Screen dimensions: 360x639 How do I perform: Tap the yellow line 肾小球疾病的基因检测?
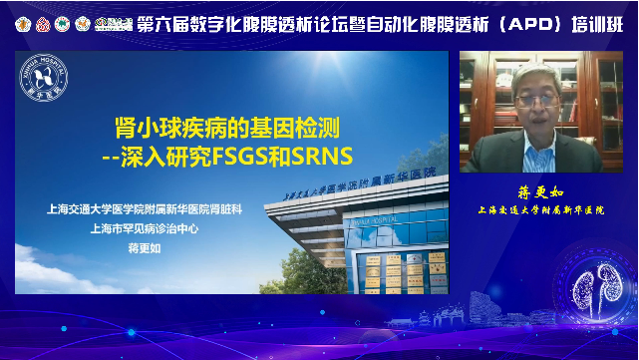pyautogui.click(x=231, y=128)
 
